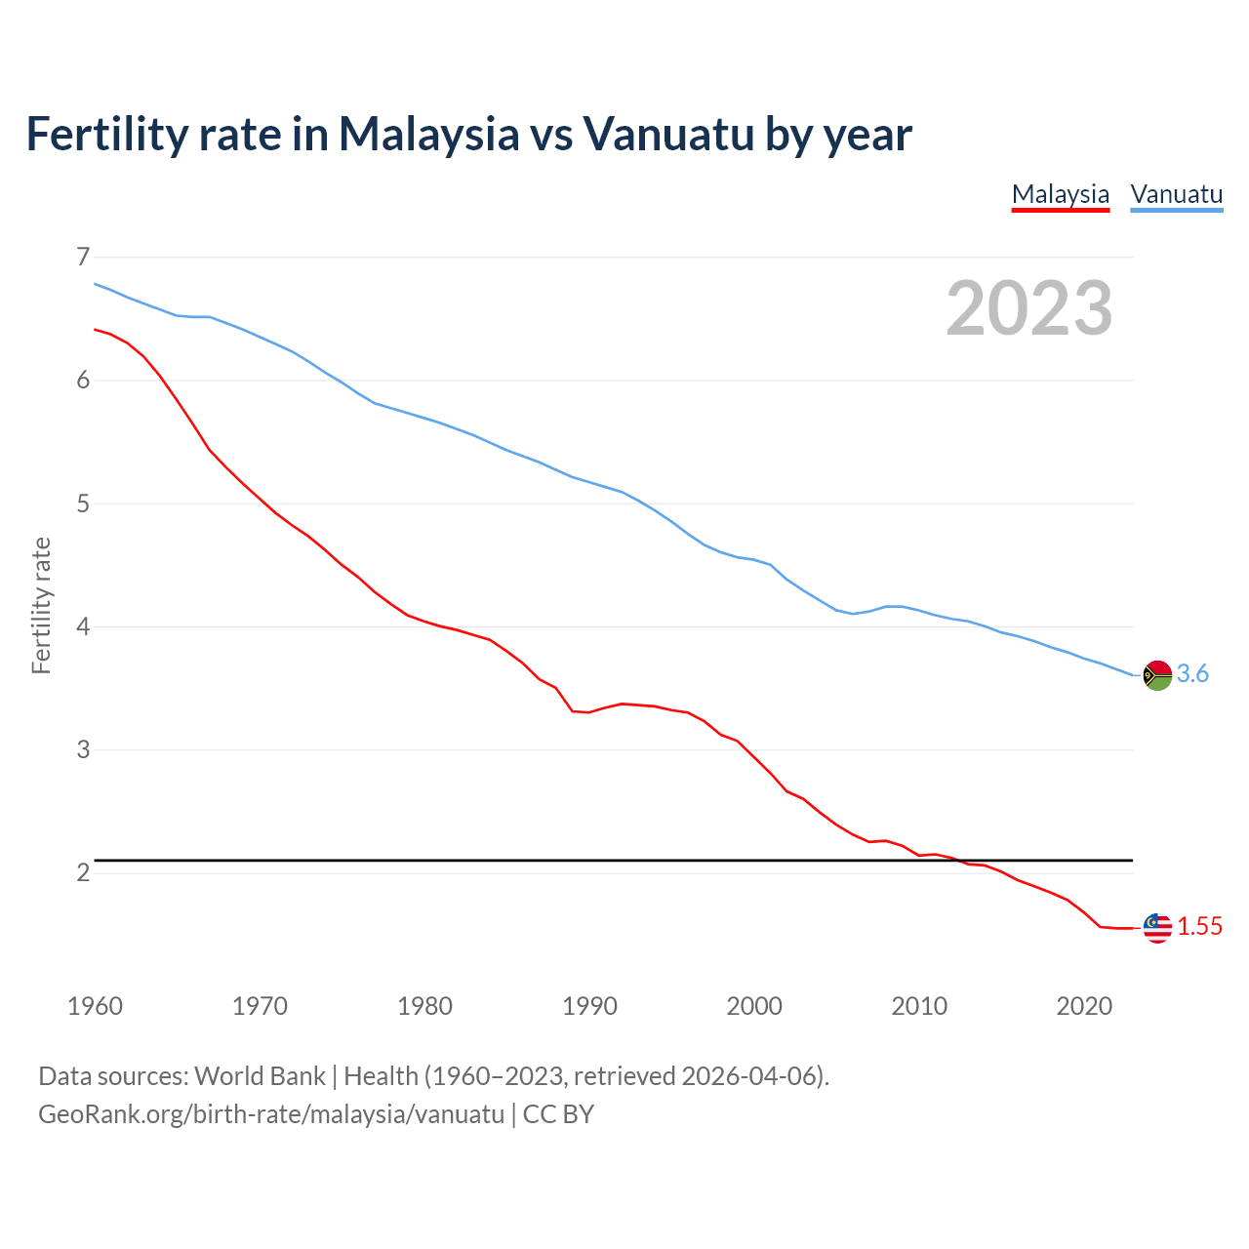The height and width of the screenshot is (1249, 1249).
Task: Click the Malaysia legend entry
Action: click(1061, 194)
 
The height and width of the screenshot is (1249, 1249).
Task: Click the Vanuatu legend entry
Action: click(1176, 194)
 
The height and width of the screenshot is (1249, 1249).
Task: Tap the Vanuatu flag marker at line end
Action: click(1157, 674)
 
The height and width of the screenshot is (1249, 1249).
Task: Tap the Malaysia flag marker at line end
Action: click(1157, 927)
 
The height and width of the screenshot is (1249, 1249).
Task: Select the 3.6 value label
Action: click(1192, 674)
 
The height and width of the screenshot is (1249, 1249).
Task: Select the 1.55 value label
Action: click(1199, 927)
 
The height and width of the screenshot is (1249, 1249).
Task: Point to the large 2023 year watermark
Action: click(1028, 308)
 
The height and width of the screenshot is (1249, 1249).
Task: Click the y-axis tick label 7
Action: click(83, 257)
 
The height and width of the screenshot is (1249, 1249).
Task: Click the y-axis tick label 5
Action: click(83, 504)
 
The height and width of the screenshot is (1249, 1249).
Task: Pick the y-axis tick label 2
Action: click(83, 872)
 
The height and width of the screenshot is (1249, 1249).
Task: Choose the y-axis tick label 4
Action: click(83, 626)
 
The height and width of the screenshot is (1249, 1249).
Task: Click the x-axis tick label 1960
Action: click(95, 1006)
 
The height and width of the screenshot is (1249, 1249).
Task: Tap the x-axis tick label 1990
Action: click(589, 1006)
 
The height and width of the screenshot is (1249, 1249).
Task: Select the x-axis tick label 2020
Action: click(1084, 1006)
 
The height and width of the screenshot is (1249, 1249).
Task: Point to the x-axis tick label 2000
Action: click(754, 1006)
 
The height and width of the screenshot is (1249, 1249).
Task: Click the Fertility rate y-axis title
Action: click(41, 605)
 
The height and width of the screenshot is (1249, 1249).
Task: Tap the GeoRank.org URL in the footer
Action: click(271, 1114)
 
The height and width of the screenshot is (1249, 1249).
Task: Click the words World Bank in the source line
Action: click(260, 1076)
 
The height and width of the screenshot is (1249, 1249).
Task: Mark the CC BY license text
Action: click(558, 1114)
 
